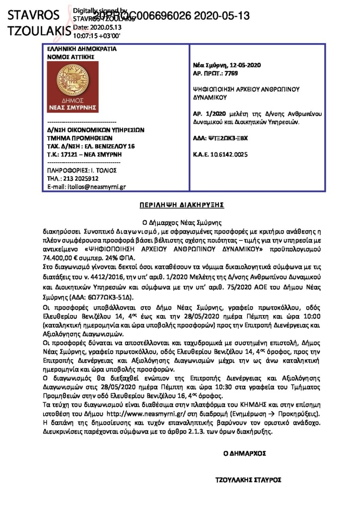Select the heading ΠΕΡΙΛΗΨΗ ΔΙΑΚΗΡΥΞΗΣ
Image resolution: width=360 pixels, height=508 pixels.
[180, 204]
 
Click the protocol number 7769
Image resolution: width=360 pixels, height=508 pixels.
[231, 73]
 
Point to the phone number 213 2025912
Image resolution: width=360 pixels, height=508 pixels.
[80, 178]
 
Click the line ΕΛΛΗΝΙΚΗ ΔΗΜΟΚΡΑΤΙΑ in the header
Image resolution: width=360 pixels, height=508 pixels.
[74, 49]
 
